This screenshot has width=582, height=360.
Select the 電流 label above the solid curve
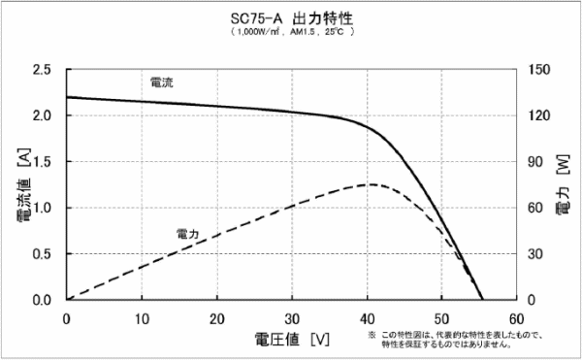[162, 82]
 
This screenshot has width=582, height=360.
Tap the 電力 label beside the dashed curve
[188, 233]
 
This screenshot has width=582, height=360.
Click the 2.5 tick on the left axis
[43, 70]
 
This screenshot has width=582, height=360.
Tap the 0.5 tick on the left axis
[43, 254]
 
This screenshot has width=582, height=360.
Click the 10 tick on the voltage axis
[142, 316]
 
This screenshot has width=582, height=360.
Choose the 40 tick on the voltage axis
[368, 316]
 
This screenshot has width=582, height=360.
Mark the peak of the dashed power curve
[370, 184]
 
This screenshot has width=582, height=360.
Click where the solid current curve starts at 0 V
[67, 97]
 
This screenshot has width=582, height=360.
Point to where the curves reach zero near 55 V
[482, 299]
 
